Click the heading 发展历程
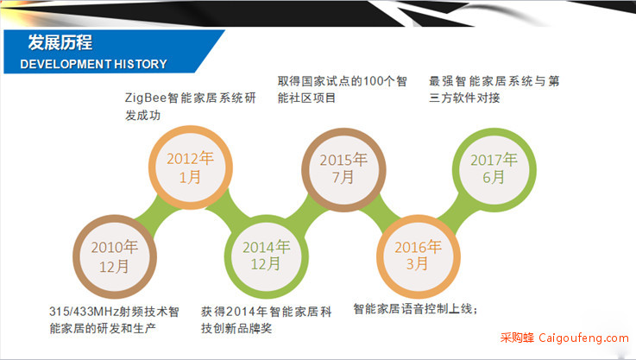pos(60,42)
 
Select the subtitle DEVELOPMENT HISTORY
pos(94,64)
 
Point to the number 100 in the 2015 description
pos(373,81)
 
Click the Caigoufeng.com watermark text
pos(583,338)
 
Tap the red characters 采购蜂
pos(517,338)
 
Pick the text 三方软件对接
pos(464,98)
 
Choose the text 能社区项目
pos(306,98)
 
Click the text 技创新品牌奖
pos(236,328)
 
